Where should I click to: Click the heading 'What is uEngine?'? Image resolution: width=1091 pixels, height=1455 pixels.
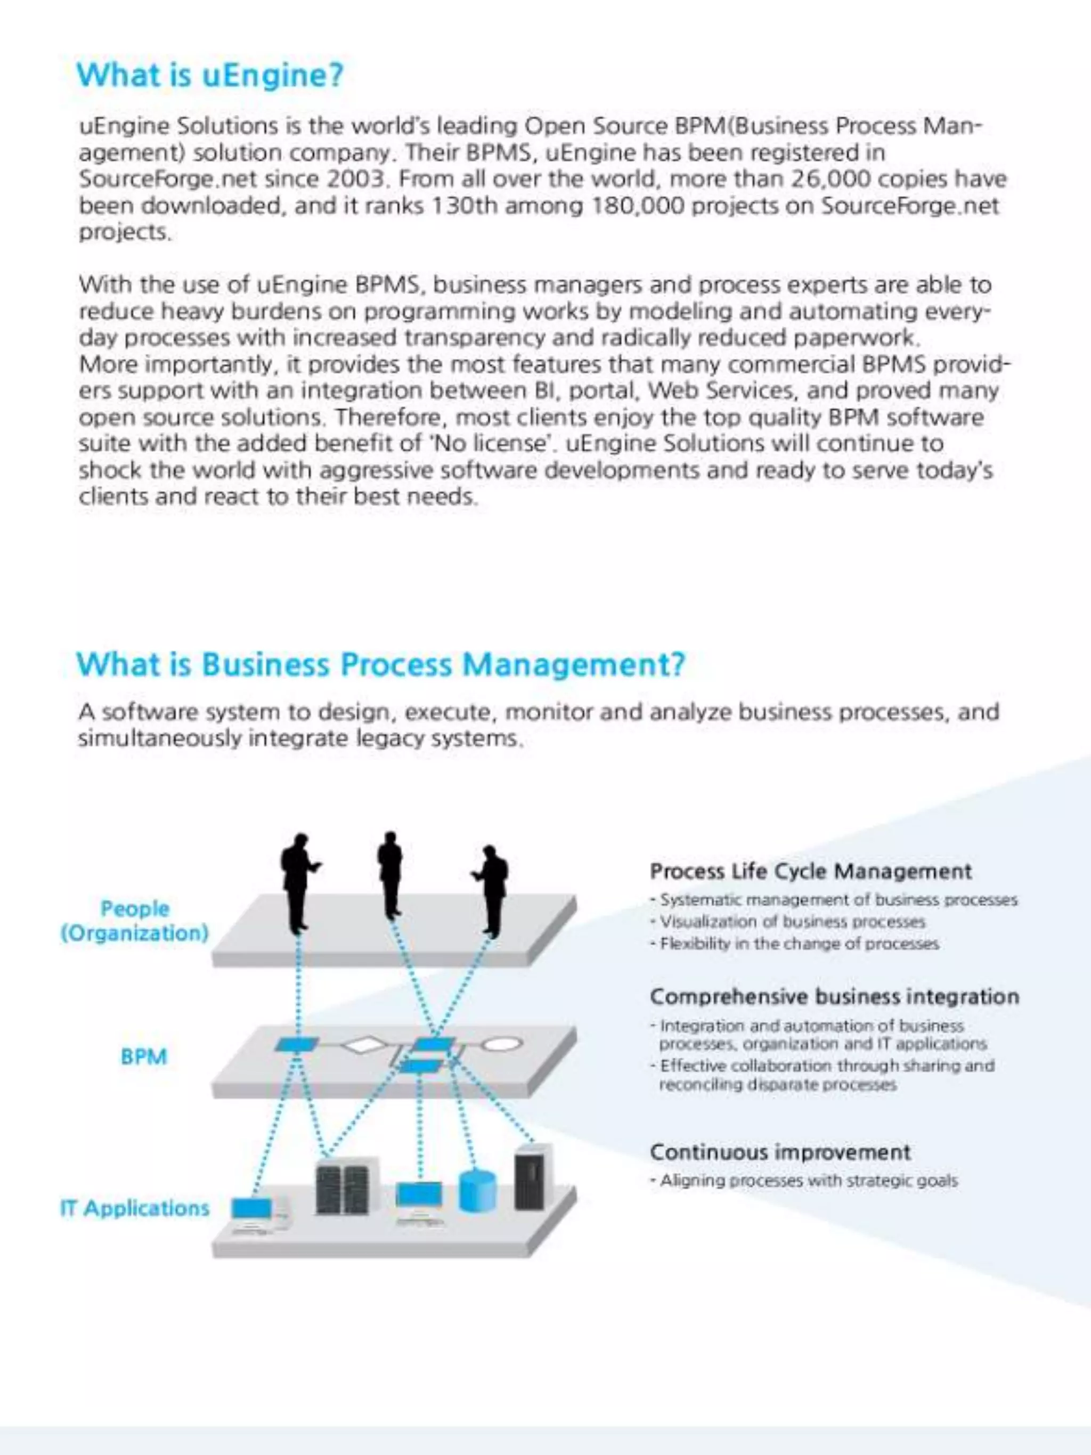click(210, 75)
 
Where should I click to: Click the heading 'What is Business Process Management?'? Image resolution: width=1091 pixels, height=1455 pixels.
click(381, 664)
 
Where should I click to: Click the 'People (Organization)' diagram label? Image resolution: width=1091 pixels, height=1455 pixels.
click(135, 921)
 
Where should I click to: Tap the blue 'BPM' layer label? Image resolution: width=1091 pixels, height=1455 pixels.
click(144, 1057)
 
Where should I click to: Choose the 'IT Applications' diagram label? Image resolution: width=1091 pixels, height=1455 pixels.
click(135, 1208)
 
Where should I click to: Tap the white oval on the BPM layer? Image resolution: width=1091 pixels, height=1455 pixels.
click(503, 1043)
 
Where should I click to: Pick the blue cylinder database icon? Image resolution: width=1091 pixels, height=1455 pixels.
click(477, 1191)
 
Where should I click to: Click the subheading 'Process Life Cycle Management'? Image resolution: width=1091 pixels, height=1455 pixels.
click(810, 872)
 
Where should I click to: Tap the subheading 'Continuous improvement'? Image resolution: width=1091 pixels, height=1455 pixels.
click(780, 1152)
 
